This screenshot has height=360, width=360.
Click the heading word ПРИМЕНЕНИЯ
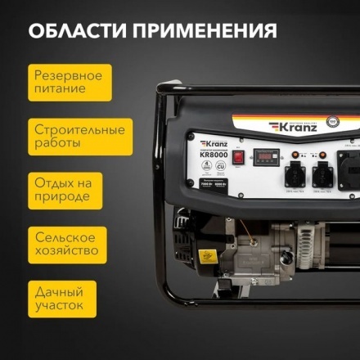click(205, 31)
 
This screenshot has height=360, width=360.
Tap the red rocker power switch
click(240, 155)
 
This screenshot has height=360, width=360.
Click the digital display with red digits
click(267, 155)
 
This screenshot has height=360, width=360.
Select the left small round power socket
click(296, 173)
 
